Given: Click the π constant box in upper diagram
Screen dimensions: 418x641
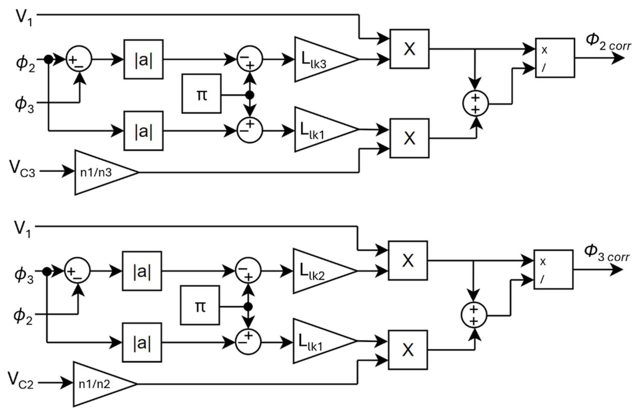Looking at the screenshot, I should point(201,94).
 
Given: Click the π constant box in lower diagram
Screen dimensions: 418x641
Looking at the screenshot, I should point(200,305).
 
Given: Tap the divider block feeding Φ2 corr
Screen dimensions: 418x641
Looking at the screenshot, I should point(555,58).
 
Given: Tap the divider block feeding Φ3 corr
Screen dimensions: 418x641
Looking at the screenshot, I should point(553,269).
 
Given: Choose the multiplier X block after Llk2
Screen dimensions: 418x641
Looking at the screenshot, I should point(408,260).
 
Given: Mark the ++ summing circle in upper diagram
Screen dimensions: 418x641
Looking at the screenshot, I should point(476,104).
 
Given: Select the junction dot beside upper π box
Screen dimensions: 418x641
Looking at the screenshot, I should point(250,95).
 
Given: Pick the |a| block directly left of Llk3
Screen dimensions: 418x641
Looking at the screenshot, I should point(143,60).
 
